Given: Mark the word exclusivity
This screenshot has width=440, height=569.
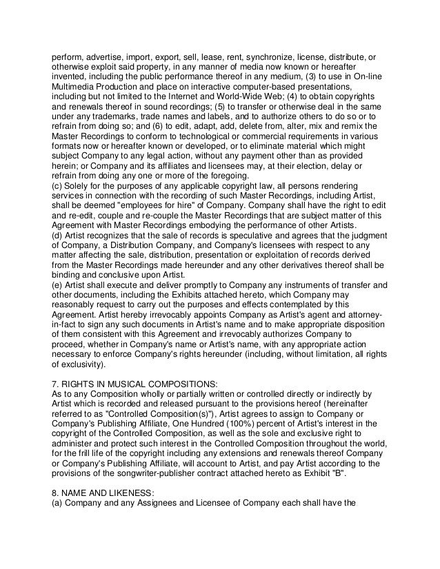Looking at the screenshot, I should tap(79, 364).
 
